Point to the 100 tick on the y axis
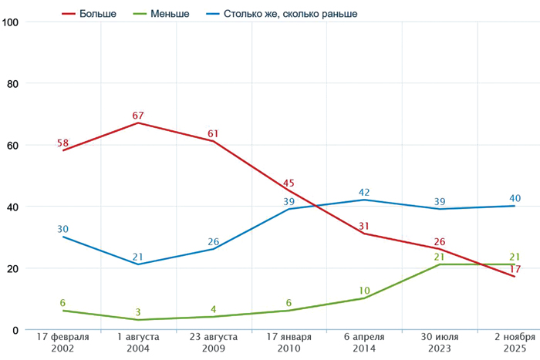[11, 22]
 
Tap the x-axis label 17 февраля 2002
[62, 343]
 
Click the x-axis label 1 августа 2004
[138, 343]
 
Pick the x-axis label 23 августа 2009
[214, 343]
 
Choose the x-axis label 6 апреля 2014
[364, 343]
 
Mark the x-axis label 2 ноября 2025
[515, 343]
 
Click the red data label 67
[138, 116]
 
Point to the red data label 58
[63, 143]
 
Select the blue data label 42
[365, 192]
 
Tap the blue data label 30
[63, 229]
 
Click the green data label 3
[138, 312]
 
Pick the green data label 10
[365, 291]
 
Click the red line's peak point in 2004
[138, 123]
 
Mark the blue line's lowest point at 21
[138, 264]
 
